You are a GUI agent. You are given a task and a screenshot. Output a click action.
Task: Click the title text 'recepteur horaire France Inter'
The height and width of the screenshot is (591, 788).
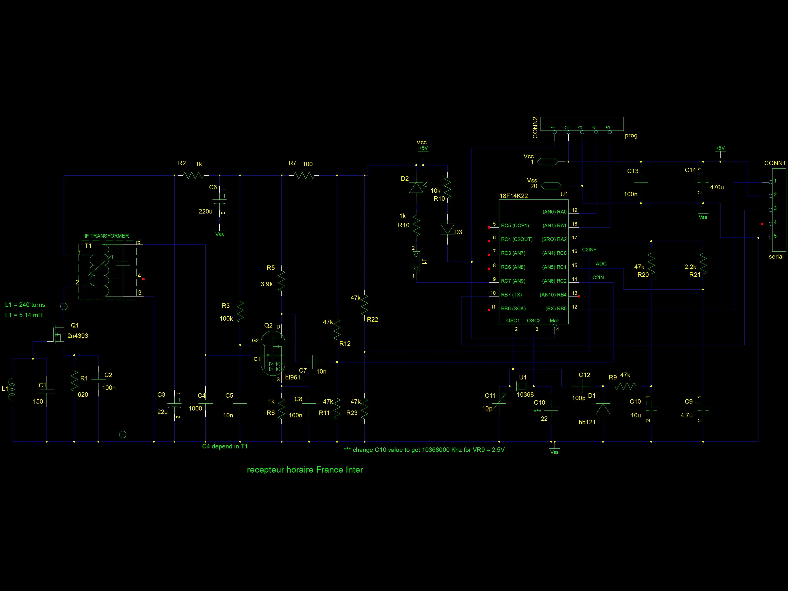[305, 470]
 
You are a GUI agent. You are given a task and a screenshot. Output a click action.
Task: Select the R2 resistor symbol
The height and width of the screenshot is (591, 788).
[194, 175]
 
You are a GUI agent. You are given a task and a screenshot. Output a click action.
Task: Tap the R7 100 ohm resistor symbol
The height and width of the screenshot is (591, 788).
[304, 175]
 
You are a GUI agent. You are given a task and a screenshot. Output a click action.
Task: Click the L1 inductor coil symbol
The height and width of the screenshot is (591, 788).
[12, 389]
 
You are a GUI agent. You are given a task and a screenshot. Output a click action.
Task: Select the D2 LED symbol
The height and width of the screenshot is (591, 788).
[416, 187]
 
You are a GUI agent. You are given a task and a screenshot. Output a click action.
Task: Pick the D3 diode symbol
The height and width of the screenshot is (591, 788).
[447, 229]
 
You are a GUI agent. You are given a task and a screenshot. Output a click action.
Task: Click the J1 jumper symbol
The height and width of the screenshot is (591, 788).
[416, 262]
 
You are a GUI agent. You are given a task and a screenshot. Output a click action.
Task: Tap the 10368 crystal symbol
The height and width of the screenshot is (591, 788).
[522, 386]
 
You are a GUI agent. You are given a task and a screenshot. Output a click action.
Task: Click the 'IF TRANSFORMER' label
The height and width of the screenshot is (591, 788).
[107, 236]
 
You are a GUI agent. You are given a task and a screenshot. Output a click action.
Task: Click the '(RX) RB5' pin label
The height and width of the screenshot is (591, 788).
[556, 309]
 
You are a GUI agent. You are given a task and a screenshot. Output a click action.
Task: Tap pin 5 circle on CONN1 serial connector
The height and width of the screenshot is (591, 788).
[771, 237]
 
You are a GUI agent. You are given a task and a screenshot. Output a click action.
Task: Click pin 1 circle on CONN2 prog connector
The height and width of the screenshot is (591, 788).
[555, 132]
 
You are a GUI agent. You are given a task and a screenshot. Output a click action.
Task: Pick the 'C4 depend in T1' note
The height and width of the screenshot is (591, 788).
[225, 446]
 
